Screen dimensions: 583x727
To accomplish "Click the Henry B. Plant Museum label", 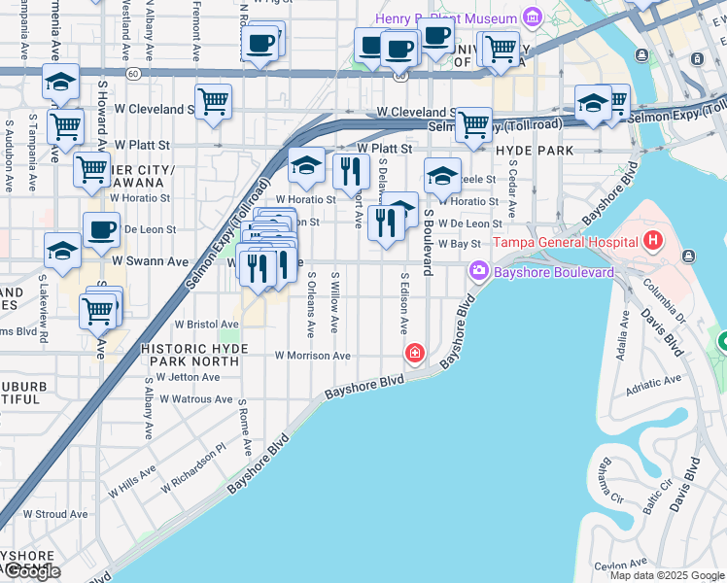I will pos(446,18).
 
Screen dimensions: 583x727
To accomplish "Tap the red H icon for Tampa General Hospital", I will pos(653,239).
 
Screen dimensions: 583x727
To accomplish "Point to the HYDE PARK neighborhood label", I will pos(533,151).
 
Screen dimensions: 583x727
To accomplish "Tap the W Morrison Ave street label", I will pos(312,357).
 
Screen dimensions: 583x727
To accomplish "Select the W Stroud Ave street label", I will pos(55,514).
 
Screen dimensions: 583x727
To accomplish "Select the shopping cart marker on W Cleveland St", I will pos(213,101).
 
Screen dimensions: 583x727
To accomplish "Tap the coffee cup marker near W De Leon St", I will pos(101,229).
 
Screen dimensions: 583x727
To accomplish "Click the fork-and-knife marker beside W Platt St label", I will pos(351,171).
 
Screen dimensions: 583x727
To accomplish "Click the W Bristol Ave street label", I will pos(206,325).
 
